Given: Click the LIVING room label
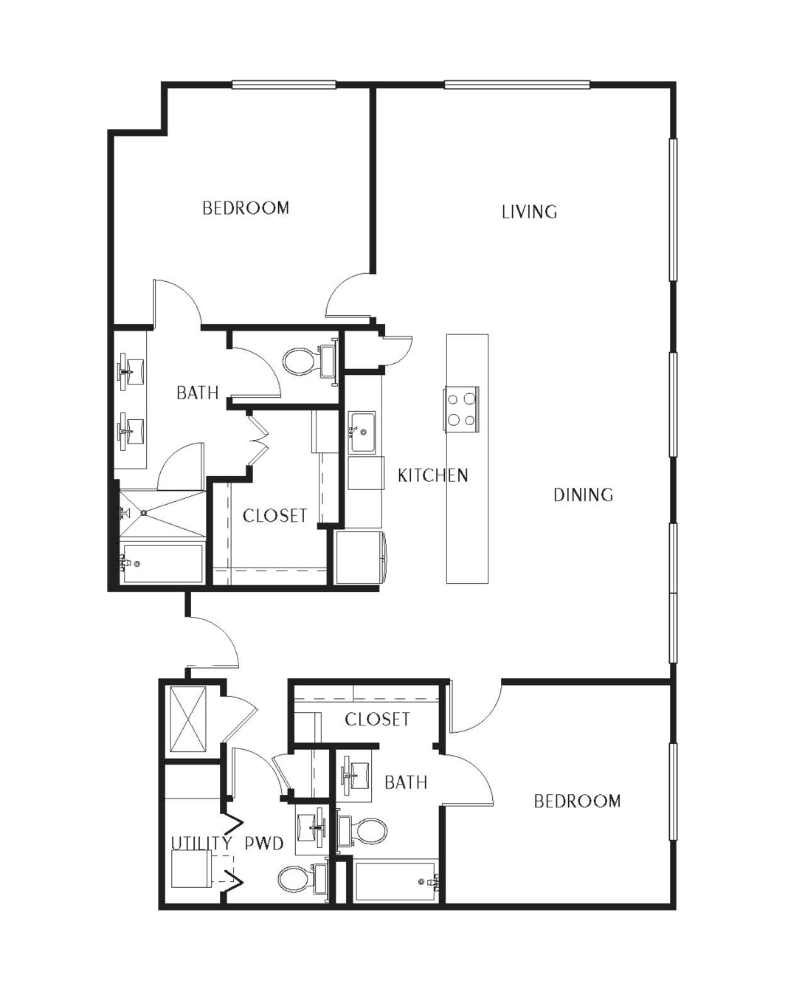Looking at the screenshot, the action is point(529,212).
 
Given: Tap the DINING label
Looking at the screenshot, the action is point(583,494).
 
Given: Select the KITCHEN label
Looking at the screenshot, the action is point(433,475).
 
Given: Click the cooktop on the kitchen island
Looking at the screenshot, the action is point(461,409).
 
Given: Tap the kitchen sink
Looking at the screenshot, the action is point(362,432).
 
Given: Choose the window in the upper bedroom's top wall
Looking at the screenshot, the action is point(284,85).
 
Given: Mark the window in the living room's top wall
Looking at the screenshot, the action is point(517,84).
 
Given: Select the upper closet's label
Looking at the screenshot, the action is point(274,516).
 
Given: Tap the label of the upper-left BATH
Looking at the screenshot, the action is point(198,393).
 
